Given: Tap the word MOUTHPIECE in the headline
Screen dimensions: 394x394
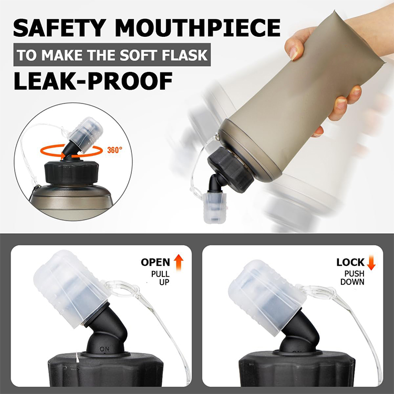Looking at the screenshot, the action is click(x=198, y=28).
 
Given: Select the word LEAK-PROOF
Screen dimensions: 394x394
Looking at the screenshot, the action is click(x=93, y=81).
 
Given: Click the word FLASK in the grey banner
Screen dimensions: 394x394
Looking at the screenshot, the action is click(x=185, y=55).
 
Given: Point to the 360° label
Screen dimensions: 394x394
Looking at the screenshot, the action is click(x=115, y=150).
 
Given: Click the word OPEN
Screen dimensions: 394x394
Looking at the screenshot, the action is click(x=155, y=262).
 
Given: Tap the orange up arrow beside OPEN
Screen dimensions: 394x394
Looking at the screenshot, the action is click(x=179, y=262).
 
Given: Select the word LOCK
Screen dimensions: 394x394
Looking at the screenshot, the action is click(x=350, y=262).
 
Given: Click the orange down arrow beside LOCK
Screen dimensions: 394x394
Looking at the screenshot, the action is click(x=371, y=262).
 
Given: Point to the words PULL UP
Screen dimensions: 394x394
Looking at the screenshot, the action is click(x=160, y=278).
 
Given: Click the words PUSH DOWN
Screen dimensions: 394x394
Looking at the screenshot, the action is click(x=352, y=277).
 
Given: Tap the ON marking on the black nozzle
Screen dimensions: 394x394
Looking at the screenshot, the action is click(x=105, y=349).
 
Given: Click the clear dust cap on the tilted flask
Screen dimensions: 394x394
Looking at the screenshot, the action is click(x=213, y=208).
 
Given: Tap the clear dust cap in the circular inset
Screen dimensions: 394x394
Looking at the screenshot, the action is click(x=86, y=135).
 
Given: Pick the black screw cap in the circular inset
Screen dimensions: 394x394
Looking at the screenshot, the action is click(x=71, y=173).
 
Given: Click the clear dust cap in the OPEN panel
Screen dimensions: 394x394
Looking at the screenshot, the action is click(x=71, y=288).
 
